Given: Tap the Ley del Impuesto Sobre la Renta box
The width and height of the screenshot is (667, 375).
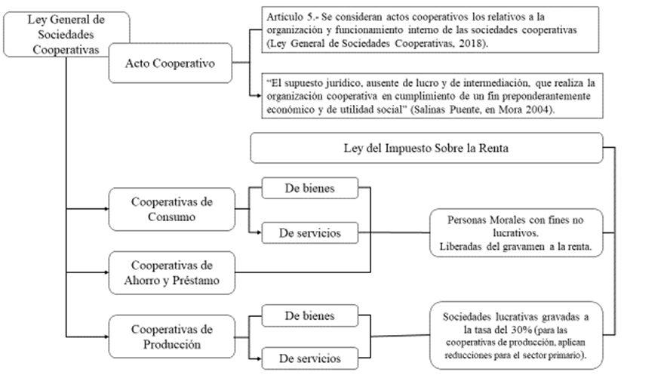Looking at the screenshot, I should click(426, 148).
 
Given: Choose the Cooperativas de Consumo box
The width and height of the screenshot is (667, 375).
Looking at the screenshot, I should click(171, 209).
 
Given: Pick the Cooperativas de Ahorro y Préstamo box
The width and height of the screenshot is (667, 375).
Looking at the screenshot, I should click(171, 272).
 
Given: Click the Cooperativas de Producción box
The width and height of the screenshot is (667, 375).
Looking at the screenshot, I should click(171, 336).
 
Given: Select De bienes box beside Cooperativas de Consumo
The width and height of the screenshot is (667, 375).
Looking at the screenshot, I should click(309, 186).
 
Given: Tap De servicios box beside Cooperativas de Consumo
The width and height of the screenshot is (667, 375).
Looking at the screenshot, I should click(309, 233).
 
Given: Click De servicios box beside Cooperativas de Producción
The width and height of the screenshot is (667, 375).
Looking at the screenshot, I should click(309, 358).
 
